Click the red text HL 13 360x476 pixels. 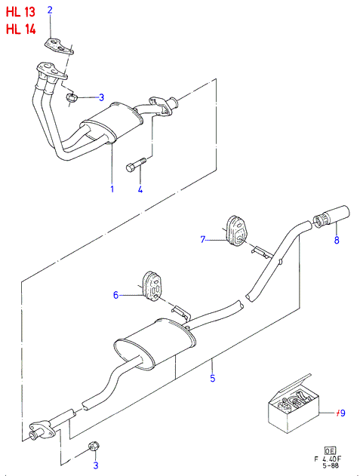(x=20, y=12)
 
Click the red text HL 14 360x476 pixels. (x=20, y=29)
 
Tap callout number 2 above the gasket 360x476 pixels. (x=50, y=10)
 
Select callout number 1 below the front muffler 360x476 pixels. (x=112, y=189)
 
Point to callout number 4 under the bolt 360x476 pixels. (x=140, y=189)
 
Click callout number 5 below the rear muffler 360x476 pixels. (x=213, y=378)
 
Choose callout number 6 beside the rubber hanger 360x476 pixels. (x=115, y=295)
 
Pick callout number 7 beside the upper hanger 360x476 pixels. (x=203, y=240)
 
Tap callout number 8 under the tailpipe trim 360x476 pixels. (x=337, y=240)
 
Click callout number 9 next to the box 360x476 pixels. (x=343, y=413)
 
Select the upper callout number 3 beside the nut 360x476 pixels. (x=101, y=97)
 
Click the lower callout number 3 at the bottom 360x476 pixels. (x=96, y=465)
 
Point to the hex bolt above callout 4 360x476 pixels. (x=136, y=164)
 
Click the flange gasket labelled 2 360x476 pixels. (x=59, y=47)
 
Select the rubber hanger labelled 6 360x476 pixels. (x=153, y=287)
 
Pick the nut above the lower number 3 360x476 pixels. (x=94, y=447)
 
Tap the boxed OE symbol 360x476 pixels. (x=330, y=451)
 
